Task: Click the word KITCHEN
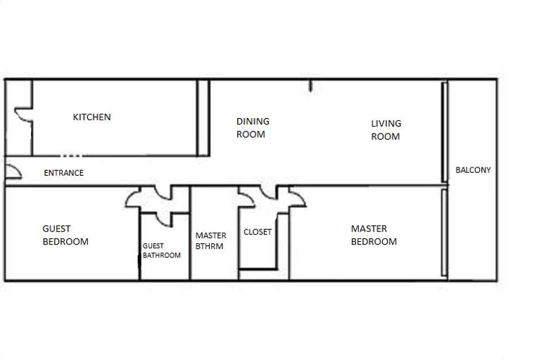click(91, 117)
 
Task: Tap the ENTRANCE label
click(63, 173)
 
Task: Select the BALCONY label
click(473, 170)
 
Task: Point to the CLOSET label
click(258, 232)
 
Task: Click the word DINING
click(253, 122)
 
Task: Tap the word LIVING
click(386, 124)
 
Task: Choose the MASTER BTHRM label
click(210, 241)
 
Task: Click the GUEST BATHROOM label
click(161, 251)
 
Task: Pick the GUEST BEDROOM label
click(65, 235)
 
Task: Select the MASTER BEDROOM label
click(374, 235)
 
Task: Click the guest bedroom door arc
click(133, 199)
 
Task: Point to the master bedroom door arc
click(298, 198)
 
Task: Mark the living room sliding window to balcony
click(445, 131)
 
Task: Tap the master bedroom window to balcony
click(444, 232)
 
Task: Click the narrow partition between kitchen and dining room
click(203, 117)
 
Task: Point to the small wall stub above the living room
click(310, 86)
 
